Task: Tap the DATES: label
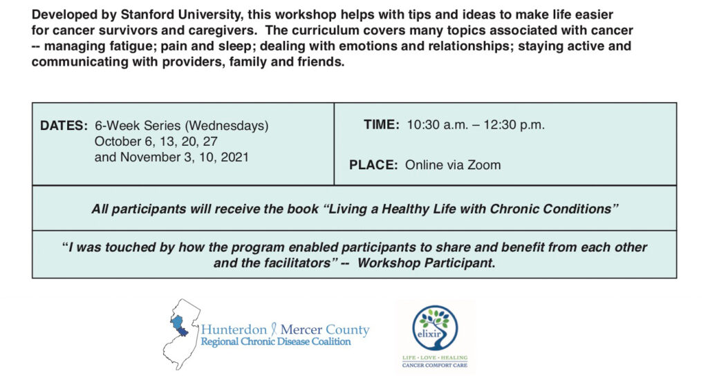pos(64,126)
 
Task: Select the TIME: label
pos(382,124)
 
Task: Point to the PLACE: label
pos(373,164)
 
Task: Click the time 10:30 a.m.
pos(438,124)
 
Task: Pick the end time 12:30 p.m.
pos(514,125)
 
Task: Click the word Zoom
pos(484,164)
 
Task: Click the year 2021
pos(235,157)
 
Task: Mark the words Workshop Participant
pos(426,263)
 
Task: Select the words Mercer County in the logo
pos(325,330)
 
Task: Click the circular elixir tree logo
pos(435,328)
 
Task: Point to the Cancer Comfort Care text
pos(435,365)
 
